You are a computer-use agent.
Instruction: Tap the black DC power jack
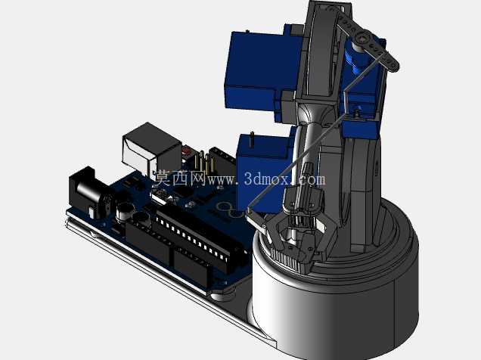[x=88, y=191]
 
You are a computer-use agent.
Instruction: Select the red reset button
[x=186, y=151]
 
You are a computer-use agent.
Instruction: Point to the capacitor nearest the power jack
[x=125, y=212]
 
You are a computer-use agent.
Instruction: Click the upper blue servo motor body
[x=261, y=70]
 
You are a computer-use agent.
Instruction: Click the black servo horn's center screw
[x=362, y=39]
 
